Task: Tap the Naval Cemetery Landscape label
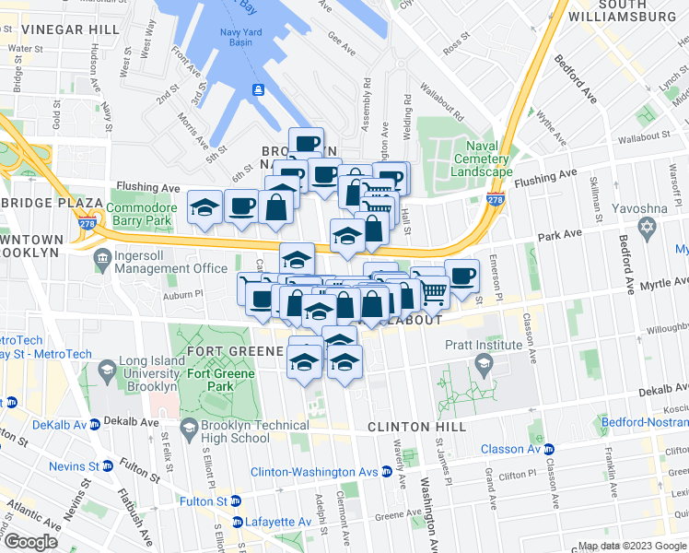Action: [481, 159]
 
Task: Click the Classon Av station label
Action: [509, 450]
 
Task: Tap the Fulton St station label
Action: [204, 501]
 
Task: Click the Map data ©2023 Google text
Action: [631, 546]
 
